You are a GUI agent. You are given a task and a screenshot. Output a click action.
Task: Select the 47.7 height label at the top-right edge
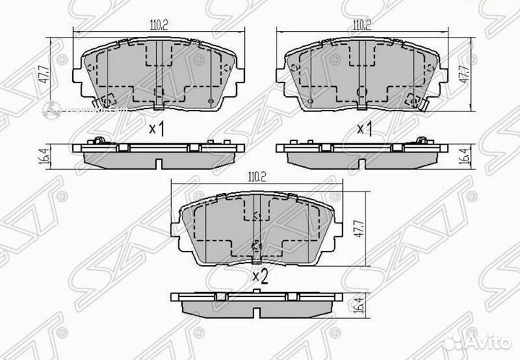(464, 75)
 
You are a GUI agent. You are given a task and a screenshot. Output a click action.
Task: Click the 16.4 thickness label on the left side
(45, 155)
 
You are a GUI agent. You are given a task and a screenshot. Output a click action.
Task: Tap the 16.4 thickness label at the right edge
(464, 155)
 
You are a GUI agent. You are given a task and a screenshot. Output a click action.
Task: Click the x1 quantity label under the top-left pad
(156, 129)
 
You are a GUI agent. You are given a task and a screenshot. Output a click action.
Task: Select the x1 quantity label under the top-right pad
(364, 129)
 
